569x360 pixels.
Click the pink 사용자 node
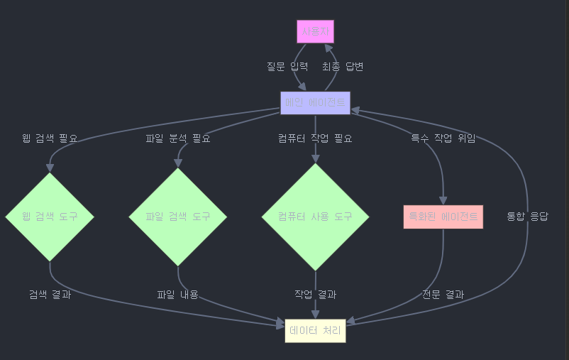point(315,32)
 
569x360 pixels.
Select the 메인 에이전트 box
point(315,103)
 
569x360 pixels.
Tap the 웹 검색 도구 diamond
point(50,217)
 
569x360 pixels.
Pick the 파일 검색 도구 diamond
point(178,217)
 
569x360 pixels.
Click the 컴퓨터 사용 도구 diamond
point(315,217)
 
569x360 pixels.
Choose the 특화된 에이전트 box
point(443,217)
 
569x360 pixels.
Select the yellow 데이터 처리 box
point(315,331)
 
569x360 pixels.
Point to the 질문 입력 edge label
point(287,67)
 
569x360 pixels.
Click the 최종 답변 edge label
point(343,67)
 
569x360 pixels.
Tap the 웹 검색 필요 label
point(50,138)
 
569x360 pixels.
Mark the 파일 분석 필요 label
point(178,138)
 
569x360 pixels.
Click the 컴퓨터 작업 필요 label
point(315,138)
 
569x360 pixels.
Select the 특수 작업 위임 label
point(443,138)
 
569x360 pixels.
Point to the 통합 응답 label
point(527,217)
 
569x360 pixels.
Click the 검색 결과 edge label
point(50,295)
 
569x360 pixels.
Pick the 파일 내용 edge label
point(178,295)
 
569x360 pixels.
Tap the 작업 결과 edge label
point(315,295)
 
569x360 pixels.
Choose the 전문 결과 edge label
point(443,295)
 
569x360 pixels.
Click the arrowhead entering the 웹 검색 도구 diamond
point(50,168)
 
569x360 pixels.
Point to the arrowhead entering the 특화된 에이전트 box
point(443,200)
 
